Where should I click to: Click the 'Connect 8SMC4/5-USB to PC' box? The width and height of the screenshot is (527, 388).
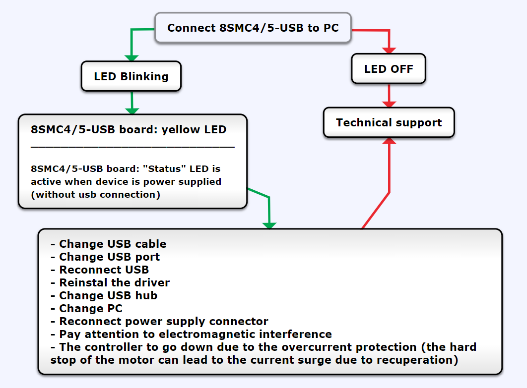[253, 28]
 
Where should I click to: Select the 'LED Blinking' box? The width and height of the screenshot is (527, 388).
[131, 76]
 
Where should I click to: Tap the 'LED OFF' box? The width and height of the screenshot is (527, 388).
[389, 69]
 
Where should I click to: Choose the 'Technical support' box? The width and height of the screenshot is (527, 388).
[389, 122]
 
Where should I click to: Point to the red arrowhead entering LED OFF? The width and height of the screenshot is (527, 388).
[389, 50]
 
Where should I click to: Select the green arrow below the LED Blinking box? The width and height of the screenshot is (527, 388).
[132, 102]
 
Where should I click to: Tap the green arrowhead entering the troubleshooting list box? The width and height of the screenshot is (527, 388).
[269, 224]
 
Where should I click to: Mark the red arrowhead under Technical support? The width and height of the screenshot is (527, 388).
[390, 141]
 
